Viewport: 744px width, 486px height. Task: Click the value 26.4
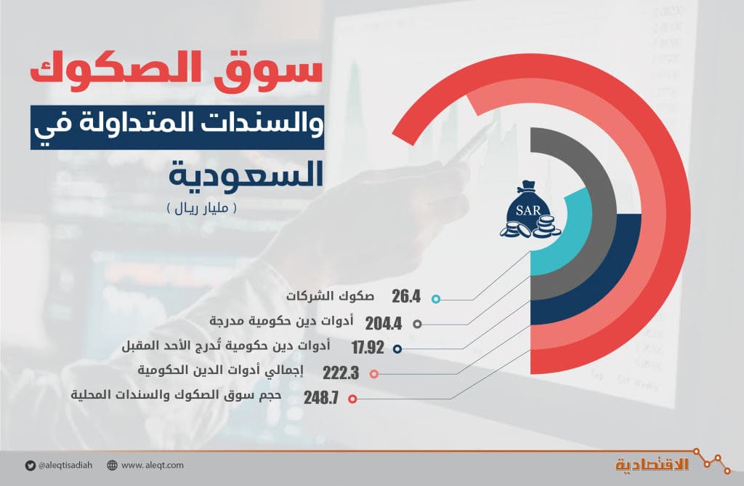pos(406,297)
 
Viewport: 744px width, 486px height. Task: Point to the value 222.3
pos(341,373)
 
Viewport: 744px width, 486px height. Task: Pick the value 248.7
pos(321,398)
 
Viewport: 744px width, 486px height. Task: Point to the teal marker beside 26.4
pos(435,298)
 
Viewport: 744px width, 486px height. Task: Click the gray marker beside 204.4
pos(417,324)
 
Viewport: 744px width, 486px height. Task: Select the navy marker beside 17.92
pos(397,348)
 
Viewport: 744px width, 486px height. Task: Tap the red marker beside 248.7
pos(352,399)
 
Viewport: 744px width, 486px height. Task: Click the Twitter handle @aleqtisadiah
pos(66,465)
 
